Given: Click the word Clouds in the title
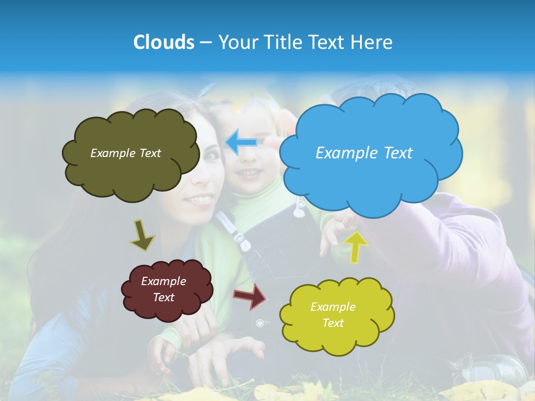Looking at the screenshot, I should [x=164, y=42].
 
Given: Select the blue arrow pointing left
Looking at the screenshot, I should [x=241, y=142].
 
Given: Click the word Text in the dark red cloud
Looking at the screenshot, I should [x=164, y=297].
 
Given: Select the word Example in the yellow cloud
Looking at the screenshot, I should [x=333, y=307].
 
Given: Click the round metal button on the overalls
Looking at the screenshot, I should [x=260, y=323].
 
